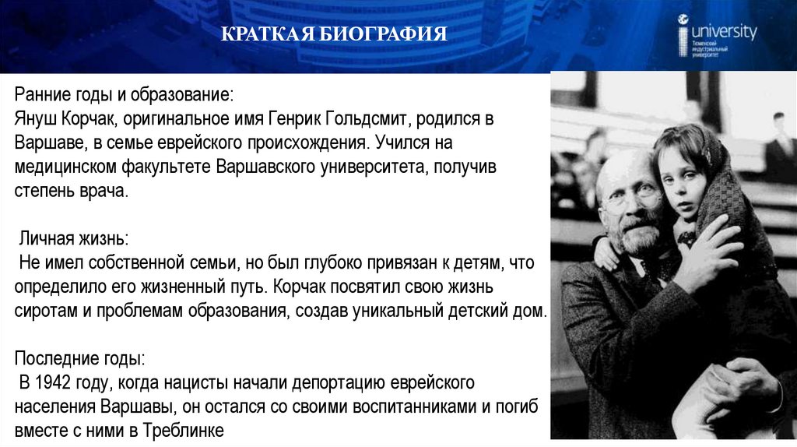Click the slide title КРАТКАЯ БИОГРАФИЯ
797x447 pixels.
coord(334,35)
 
